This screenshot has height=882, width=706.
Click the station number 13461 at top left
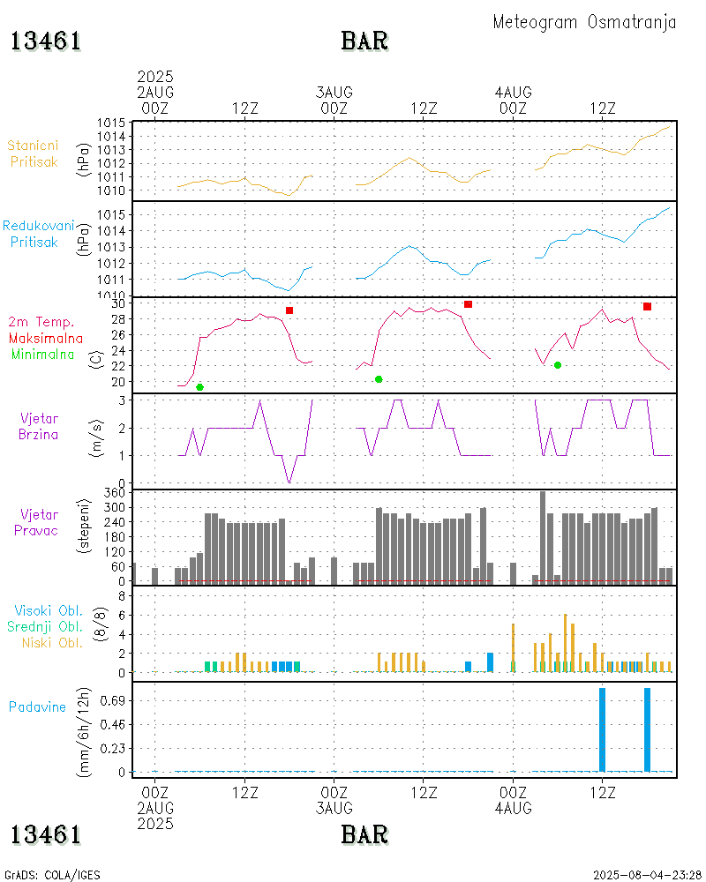46,41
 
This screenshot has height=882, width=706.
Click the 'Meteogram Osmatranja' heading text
584,22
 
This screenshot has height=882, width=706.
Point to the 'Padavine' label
37,706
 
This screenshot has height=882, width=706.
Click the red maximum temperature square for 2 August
289,310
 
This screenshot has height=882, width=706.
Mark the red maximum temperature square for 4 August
647,306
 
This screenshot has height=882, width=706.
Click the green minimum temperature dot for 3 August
379,379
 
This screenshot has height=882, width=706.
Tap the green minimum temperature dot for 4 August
557,365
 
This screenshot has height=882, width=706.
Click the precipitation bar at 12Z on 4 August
602,729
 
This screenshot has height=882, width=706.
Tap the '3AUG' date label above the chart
334,92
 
